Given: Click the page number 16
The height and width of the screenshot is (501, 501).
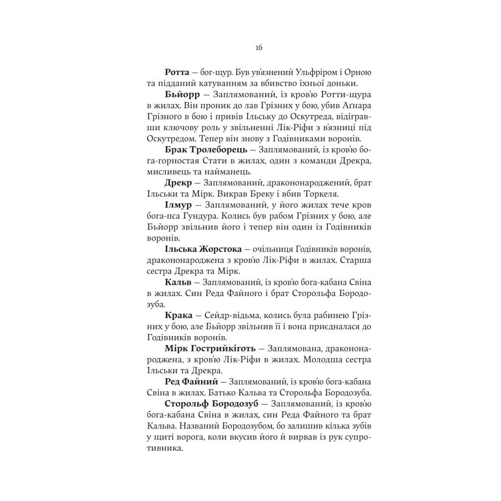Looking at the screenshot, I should point(259,47).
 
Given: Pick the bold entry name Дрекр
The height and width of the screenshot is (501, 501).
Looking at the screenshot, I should point(180,183).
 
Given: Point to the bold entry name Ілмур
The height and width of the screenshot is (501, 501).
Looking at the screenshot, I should point(180,205).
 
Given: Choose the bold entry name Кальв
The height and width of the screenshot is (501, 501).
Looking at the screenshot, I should point(179,283).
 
